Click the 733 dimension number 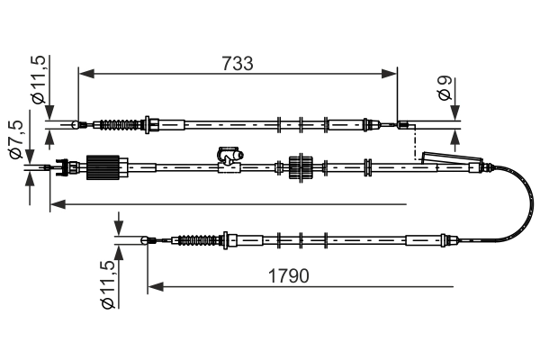click(x=238, y=64)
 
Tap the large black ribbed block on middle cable click(x=103, y=167)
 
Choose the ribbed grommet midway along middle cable click(x=300, y=166)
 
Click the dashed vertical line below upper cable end click(x=414, y=142)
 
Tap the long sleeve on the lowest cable click(x=424, y=240)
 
